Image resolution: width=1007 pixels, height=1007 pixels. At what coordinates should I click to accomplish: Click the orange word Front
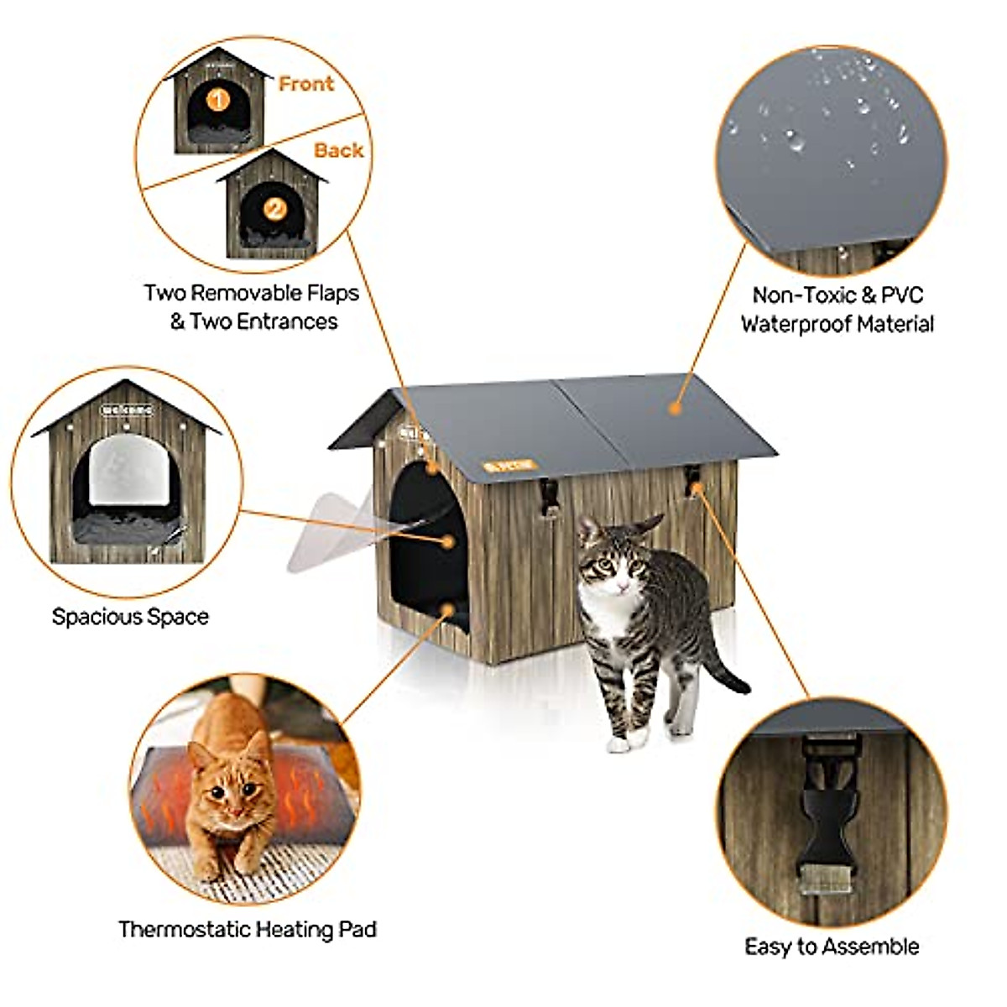tap(305, 84)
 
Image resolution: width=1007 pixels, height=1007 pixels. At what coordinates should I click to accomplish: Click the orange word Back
tap(338, 150)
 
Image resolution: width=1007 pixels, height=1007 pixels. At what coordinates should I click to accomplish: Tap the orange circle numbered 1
tap(217, 101)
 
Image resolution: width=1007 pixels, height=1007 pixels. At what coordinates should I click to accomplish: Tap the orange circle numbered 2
tap(274, 209)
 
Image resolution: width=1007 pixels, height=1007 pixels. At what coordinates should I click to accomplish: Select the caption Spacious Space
tap(130, 617)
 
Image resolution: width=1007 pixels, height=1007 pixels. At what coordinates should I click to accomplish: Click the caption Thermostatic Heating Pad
tap(247, 929)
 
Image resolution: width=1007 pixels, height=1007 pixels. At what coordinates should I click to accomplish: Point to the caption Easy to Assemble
tap(832, 947)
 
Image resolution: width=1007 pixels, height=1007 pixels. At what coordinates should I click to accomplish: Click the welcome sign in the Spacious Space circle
tap(127, 410)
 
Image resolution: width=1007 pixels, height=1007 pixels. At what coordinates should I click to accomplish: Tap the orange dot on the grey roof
tap(673, 408)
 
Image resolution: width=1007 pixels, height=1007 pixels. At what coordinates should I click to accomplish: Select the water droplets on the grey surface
tap(831, 117)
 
